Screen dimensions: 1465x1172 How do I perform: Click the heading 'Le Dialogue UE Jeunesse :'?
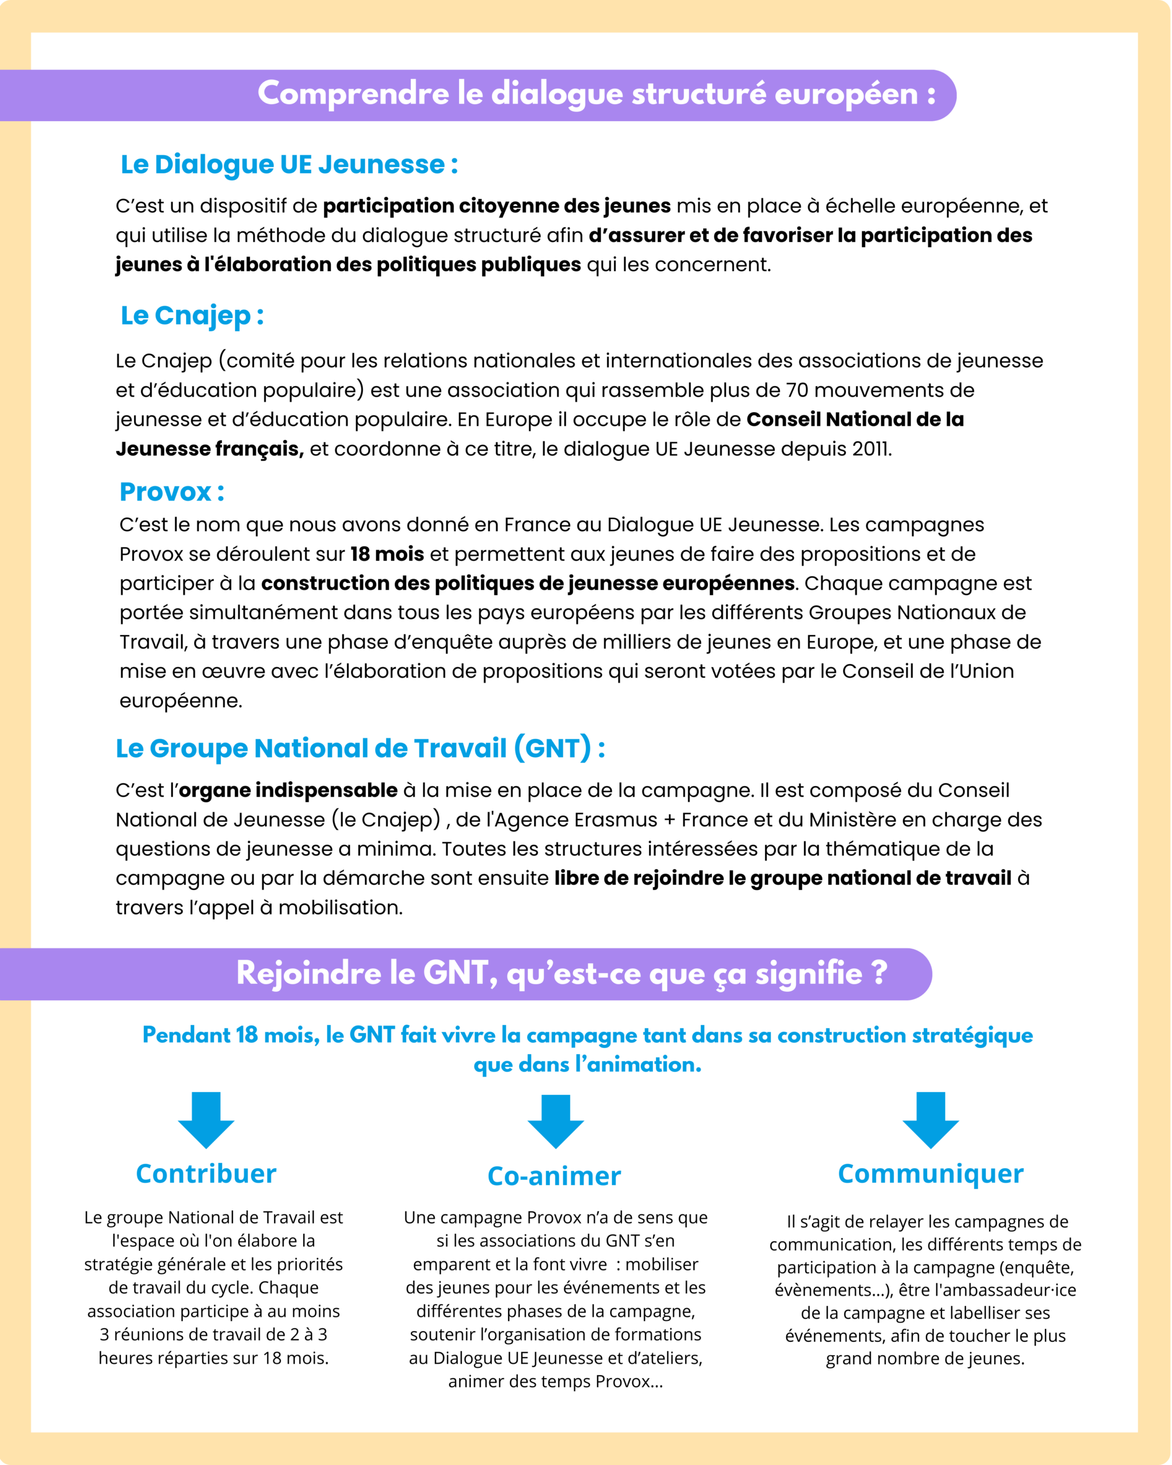289,164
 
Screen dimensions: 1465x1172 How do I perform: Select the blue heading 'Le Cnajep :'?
192,315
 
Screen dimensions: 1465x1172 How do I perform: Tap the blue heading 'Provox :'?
171,491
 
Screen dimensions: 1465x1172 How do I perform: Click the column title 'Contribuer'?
206,1174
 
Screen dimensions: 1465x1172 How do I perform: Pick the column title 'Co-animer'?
555,1176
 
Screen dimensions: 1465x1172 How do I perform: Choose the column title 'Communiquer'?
930,1174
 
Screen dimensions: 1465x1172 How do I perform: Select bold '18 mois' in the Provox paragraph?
387,554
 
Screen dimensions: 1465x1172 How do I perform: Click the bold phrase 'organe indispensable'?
288,790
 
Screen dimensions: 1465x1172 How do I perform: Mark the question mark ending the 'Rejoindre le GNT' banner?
880,972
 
